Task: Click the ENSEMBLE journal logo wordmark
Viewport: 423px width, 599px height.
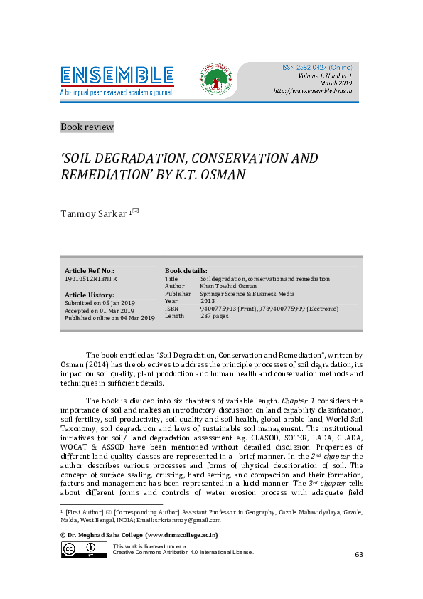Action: [117, 75]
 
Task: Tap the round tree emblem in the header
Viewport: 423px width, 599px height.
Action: [215, 78]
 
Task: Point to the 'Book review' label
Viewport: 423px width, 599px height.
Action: [87, 127]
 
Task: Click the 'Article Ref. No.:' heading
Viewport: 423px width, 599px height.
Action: [90, 271]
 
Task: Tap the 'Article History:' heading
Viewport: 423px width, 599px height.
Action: [89, 295]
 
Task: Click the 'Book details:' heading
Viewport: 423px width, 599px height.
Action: [186, 271]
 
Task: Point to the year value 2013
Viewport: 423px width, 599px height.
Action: [207, 301]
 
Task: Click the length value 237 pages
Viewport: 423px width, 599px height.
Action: [214, 316]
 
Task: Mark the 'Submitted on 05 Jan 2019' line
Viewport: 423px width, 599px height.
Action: [100, 302]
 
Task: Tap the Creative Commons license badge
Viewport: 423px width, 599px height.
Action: [80, 549]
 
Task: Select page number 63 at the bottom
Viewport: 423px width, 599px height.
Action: [359, 554]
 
